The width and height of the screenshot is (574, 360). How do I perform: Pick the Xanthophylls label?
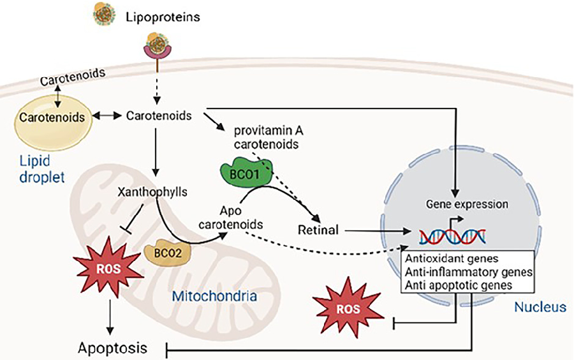pos(146,191)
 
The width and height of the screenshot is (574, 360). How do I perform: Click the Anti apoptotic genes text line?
pos(457,285)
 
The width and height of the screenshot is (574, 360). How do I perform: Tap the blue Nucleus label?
pos(539,308)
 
